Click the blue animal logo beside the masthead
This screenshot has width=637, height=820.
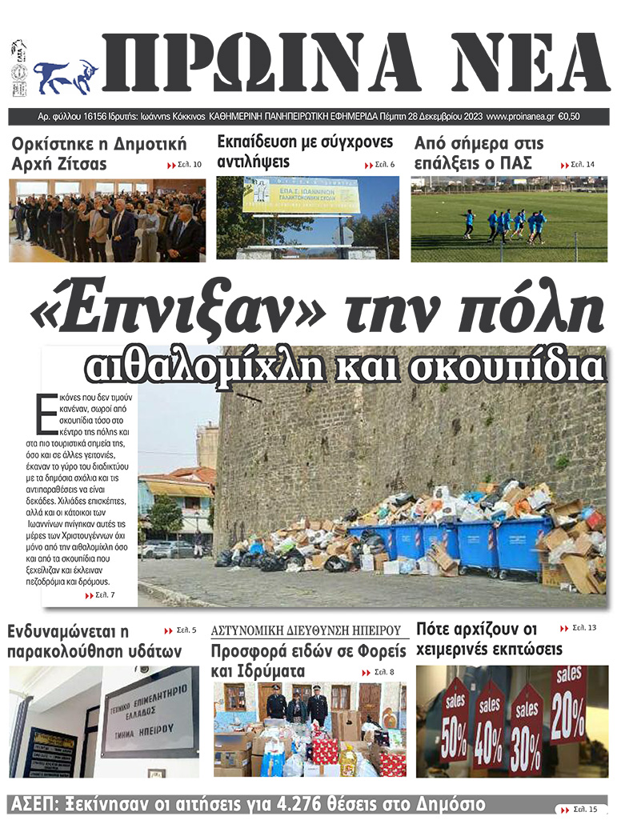(x=65, y=77)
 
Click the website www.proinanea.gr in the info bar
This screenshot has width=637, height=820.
(x=519, y=117)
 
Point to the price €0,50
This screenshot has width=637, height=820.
(x=568, y=117)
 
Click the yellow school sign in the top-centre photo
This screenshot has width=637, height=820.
(x=302, y=196)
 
